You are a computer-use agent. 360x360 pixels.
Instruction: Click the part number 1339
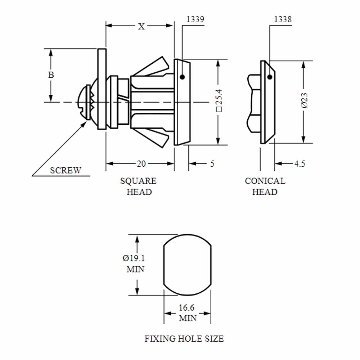[195, 19]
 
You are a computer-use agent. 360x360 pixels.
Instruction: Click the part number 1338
[283, 19]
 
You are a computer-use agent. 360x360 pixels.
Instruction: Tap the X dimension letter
[141, 27]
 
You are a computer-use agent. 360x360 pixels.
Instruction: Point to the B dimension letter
[51, 75]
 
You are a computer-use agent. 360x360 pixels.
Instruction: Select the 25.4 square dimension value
[219, 100]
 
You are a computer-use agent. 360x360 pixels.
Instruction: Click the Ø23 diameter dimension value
[305, 100]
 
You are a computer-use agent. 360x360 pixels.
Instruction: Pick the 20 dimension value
[141, 164]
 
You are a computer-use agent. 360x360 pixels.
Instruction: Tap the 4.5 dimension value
[300, 164]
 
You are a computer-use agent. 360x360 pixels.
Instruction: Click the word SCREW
[66, 170]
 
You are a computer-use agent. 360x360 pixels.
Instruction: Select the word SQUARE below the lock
[138, 181]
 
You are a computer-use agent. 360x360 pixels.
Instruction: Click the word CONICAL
[265, 181]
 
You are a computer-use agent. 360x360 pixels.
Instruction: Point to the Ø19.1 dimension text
[134, 258]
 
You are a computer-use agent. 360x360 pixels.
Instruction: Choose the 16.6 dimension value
[186, 308]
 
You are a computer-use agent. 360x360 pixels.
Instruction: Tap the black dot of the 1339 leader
[182, 77]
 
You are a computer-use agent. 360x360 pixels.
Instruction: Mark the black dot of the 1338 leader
[270, 77]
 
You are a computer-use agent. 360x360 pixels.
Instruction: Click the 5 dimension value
[212, 164]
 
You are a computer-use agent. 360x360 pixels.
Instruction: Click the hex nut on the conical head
[254, 103]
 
